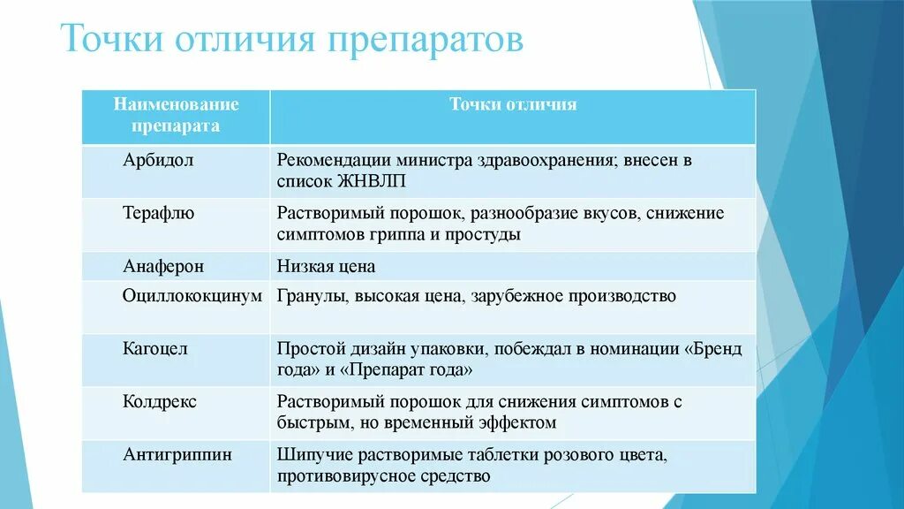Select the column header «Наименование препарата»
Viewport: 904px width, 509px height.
pyautogui.click(x=176, y=115)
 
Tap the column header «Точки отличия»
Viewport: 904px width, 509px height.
pyautogui.click(x=513, y=104)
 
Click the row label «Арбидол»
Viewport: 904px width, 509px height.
pyautogui.click(x=158, y=161)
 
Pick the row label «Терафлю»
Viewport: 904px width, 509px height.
pyautogui.click(x=159, y=213)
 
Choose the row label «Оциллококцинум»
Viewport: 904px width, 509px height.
pyautogui.click(x=192, y=296)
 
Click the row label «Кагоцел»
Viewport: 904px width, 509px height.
pyautogui.click(x=155, y=348)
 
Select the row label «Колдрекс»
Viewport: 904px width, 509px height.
pyautogui.click(x=160, y=401)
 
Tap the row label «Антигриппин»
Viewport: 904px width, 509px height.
pyautogui.click(x=177, y=454)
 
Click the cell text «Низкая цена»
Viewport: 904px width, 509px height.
pyautogui.click(x=326, y=265)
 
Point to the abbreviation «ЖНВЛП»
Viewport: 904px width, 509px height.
pyautogui.click(x=363, y=182)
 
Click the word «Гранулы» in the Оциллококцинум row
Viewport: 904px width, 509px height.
pyautogui.click(x=311, y=296)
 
